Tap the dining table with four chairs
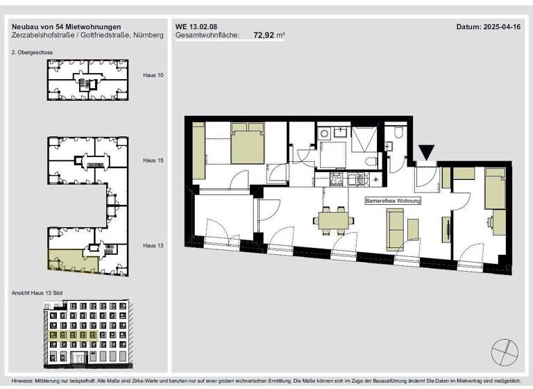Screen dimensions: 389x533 coord(330,222)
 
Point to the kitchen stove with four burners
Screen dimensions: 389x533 coord(335,179)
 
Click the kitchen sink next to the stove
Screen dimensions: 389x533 coord(355,179)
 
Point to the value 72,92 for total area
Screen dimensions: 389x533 coord(263,34)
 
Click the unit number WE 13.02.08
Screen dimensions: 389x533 coord(195,26)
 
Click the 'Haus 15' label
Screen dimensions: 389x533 coord(153,160)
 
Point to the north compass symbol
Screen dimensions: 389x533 coord(503,351)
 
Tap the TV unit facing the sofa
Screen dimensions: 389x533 coord(446,229)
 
